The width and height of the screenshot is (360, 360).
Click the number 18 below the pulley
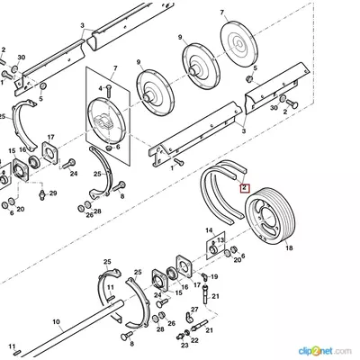click(x=289, y=248)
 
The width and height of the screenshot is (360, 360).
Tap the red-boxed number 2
click(x=245, y=188)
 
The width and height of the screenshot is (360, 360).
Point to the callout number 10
click(x=56, y=322)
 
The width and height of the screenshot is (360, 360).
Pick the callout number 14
click(x=209, y=230)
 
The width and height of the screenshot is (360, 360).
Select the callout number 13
click(x=220, y=240)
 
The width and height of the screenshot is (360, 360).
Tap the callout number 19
click(x=214, y=276)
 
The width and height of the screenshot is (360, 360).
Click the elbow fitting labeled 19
click(x=204, y=275)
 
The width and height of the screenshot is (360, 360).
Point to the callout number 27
click(x=194, y=310)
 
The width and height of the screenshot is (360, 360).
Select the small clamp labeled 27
click(x=188, y=317)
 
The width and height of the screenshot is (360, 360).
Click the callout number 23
click(x=184, y=346)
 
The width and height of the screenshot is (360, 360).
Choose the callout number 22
click(x=194, y=340)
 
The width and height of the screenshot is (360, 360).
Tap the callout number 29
click(x=53, y=193)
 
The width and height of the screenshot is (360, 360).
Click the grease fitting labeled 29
click(x=42, y=194)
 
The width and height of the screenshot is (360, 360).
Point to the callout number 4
click(x=101, y=88)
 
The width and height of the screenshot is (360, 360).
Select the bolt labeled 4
click(x=109, y=90)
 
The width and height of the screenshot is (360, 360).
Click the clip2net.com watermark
click(x=325, y=351)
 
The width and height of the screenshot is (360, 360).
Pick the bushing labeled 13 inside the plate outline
click(x=213, y=249)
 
